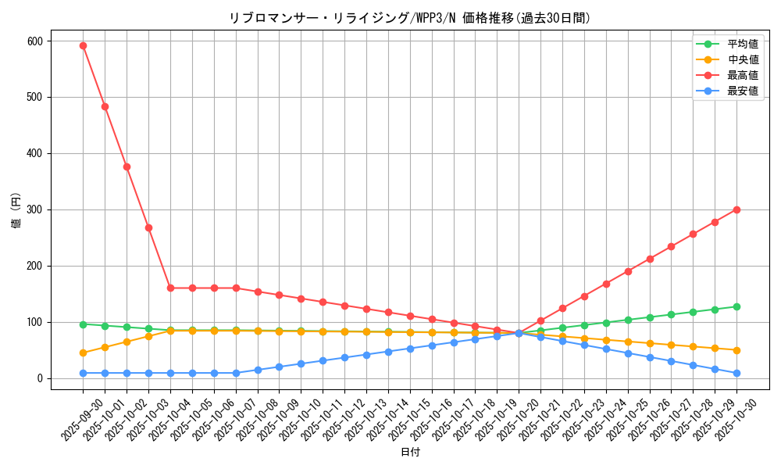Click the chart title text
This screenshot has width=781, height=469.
click(x=409, y=17)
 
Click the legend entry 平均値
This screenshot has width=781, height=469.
click(x=742, y=44)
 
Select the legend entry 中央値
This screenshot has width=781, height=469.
click(x=742, y=59)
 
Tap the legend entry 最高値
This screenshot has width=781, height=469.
click(x=742, y=75)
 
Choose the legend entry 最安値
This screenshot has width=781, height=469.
click(x=742, y=91)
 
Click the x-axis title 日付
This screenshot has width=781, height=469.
click(x=410, y=452)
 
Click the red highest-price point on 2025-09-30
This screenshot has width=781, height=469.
click(x=83, y=45)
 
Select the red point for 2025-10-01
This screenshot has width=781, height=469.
click(x=105, y=106)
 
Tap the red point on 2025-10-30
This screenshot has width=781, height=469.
click(x=736, y=209)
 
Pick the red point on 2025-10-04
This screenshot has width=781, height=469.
click(x=170, y=288)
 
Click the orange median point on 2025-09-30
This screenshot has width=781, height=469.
click(x=83, y=353)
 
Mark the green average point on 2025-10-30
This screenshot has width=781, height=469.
click(x=736, y=306)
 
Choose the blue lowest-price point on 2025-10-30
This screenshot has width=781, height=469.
click(x=736, y=373)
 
